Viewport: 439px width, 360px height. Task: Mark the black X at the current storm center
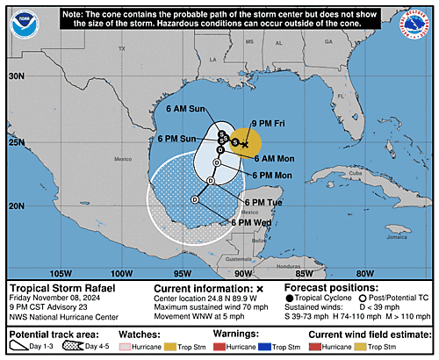(x=245, y=143)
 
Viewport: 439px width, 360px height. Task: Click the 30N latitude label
(x=16, y=76)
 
